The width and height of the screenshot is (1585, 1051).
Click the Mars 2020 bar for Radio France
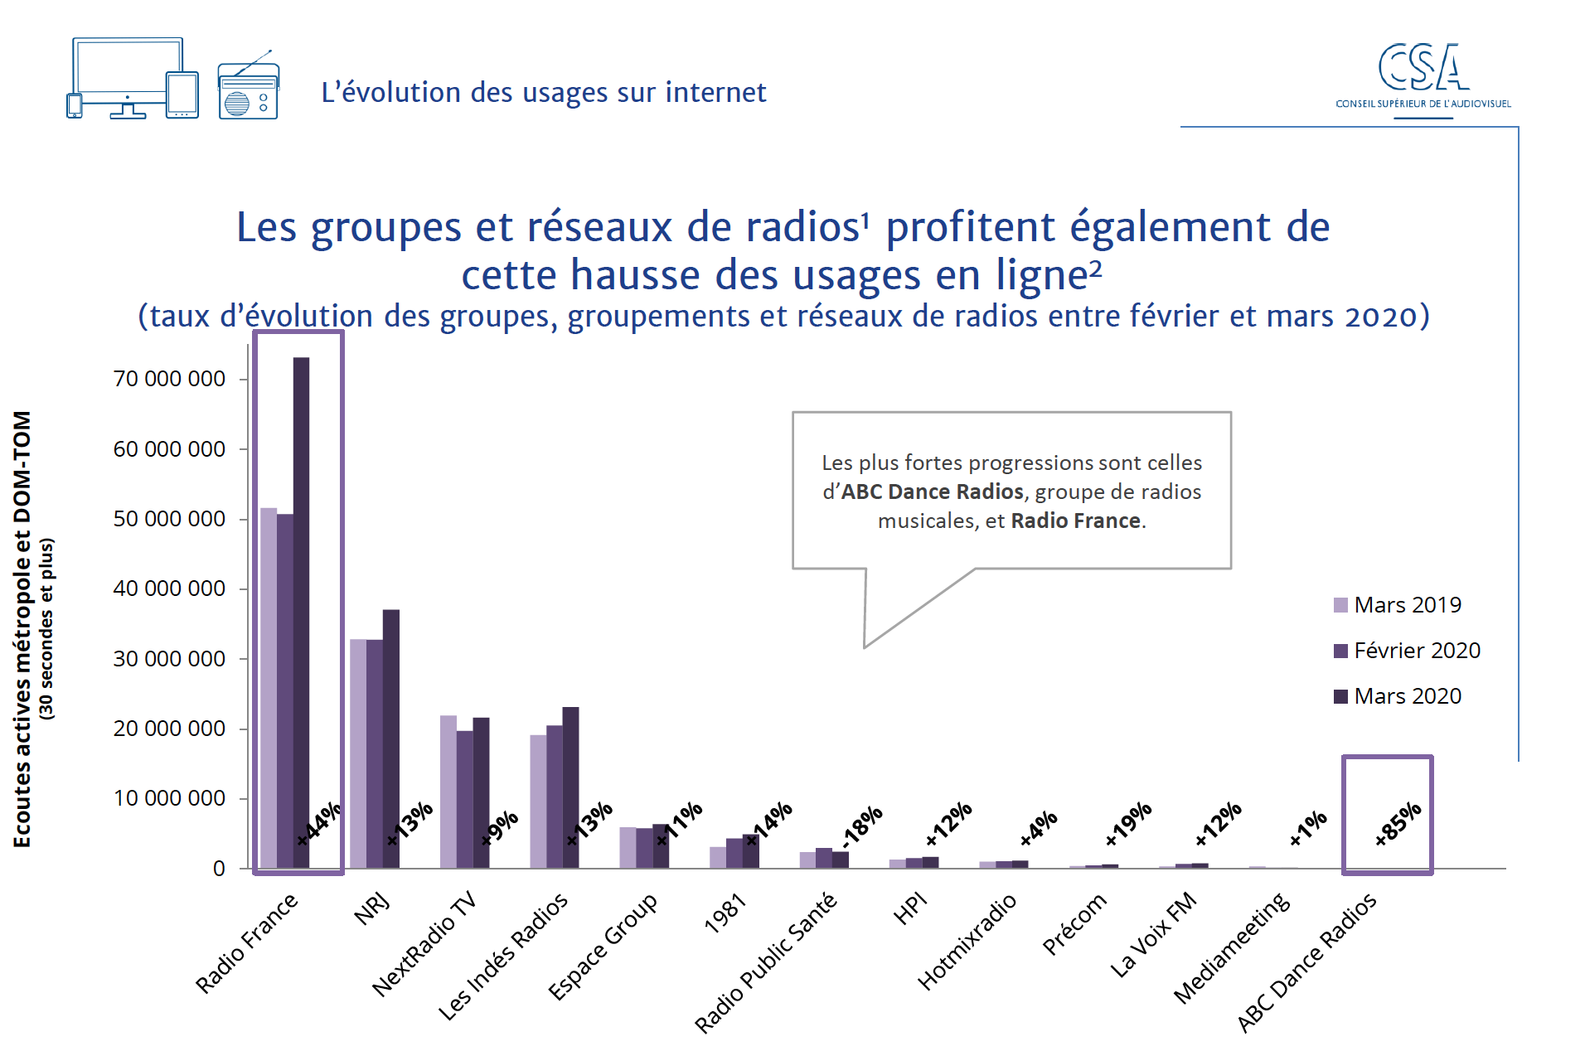pyautogui.click(x=301, y=613)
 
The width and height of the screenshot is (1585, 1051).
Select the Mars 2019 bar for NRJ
pyautogui.click(x=358, y=753)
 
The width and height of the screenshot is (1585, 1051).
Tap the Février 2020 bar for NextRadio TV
pyautogui.click(x=464, y=799)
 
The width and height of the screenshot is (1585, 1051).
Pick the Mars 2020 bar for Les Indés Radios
pyautogui.click(x=570, y=787)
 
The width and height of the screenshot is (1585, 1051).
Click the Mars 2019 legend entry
pyautogui.click(x=1398, y=605)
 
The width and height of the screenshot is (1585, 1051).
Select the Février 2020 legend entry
pyautogui.click(x=1407, y=651)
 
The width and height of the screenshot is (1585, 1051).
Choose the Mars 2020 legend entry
pyautogui.click(x=1398, y=696)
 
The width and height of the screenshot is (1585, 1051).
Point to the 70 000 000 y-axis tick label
pyautogui.click(x=169, y=379)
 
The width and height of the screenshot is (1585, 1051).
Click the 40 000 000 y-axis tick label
pyautogui.click(x=169, y=588)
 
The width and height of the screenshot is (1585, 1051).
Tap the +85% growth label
pyautogui.click(x=1398, y=824)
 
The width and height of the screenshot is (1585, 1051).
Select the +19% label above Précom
pyautogui.click(x=1129, y=823)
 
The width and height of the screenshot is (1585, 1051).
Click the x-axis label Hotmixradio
pyautogui.click(x=967, y=942)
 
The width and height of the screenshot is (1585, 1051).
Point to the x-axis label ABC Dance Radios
pyautogui.click(x=1306, y=961)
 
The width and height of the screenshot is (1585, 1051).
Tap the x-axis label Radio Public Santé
pyautogui.click(x=765, y=962)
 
